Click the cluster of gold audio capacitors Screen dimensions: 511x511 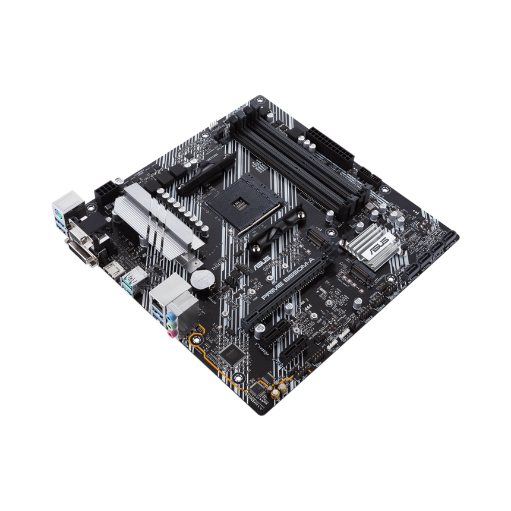277,391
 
